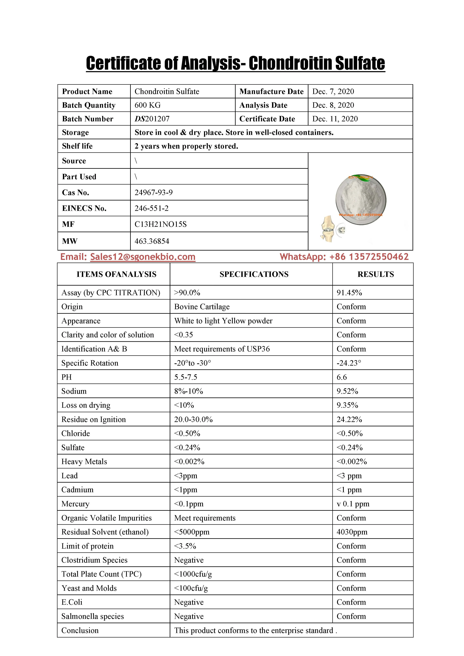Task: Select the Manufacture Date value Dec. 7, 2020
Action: (333, 91)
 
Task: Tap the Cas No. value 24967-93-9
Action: (153, 192)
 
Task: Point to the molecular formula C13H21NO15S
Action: (160, 224)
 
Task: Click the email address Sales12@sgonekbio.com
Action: (143, 257)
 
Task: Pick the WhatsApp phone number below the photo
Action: (369, 257)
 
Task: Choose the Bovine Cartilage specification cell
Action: (202, 307)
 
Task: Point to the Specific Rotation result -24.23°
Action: (349, 363)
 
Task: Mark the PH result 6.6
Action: (342, 377)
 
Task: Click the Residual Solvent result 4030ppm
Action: (352, 532)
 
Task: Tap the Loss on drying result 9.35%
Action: (347, 405)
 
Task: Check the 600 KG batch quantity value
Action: (147, 105)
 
